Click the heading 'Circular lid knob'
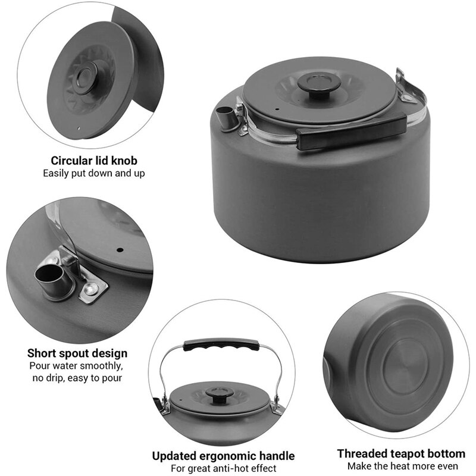(94, 161)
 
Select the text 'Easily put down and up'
(94, 173)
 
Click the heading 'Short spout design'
(77, 353)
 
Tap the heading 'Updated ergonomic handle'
(223, 456)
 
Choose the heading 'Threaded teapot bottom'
(401, 453)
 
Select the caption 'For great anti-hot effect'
(223, 468)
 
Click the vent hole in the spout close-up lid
(118, 249)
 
